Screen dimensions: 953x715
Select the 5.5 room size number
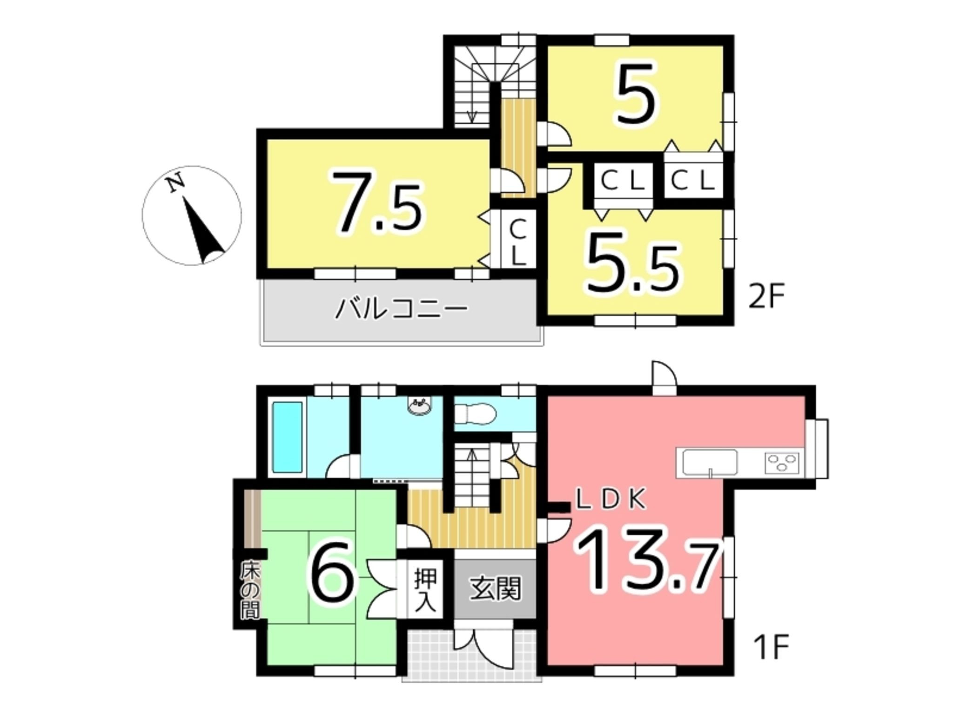click(632, 262)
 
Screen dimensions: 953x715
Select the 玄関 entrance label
click(494, 589)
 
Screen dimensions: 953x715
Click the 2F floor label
click(766, 297)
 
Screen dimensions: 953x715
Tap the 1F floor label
click(771, 648)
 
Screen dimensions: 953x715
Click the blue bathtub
click(287, 436)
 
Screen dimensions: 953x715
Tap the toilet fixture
click(475, 414)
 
